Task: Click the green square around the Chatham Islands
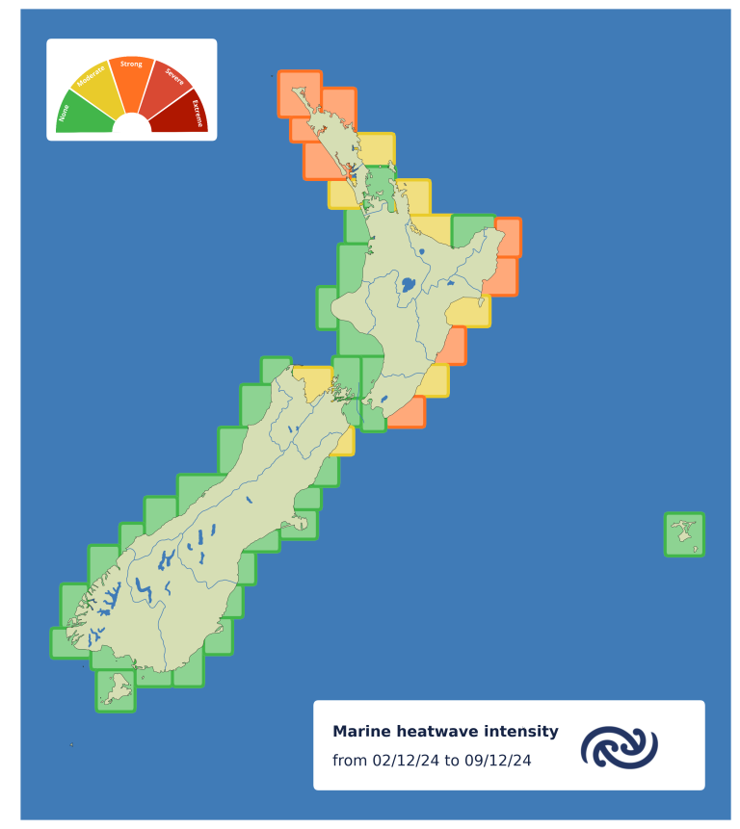[684, 534]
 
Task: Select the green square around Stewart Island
[116, 690]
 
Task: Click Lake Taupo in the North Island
[408, 285]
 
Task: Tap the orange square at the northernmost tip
[299, 93]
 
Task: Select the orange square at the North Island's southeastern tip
[406, 412]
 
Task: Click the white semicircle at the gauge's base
[132, 124]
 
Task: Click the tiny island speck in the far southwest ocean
[71, 744]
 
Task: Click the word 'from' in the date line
[349, 761]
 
